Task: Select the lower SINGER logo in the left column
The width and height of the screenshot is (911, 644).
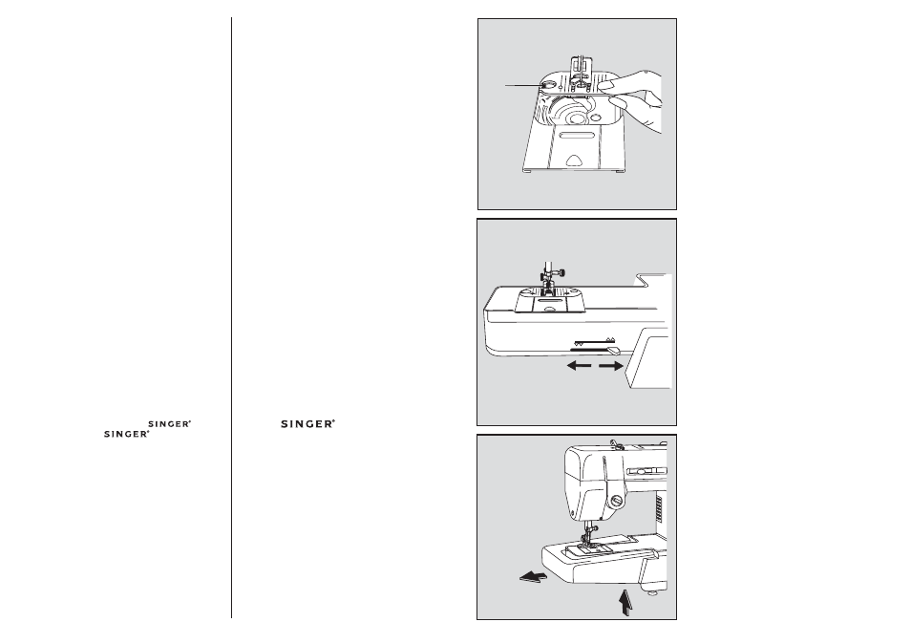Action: (x=128, y=433)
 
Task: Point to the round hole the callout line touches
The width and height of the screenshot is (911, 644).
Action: (x=546, y=86)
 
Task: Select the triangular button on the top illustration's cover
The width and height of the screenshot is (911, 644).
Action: (x=572, y=163)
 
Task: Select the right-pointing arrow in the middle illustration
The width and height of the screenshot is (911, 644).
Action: (x=611, y=365)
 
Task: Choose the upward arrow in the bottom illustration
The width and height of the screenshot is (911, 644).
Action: (x=625, y=601)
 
